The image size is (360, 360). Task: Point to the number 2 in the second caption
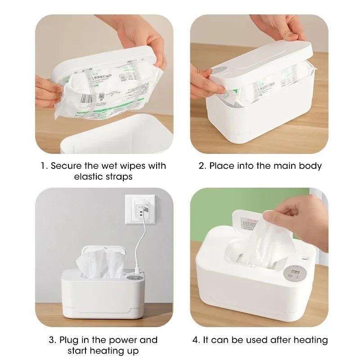pyautogui.click(x=202, y=166)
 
